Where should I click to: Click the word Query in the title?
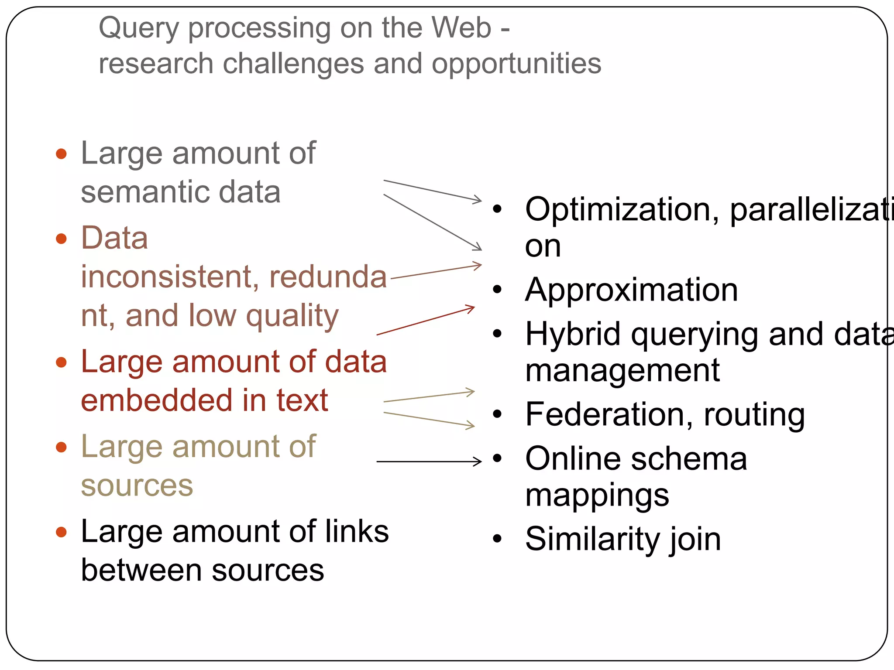click(x=139, y=28)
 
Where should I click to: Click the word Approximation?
click(x=631, y=290)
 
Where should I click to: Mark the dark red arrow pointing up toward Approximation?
click(x=425, y=321)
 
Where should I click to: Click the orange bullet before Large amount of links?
click(x=62, y=532)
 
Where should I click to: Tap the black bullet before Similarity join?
click(x=497, y=539)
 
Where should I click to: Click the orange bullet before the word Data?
click(x=62, y=239)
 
